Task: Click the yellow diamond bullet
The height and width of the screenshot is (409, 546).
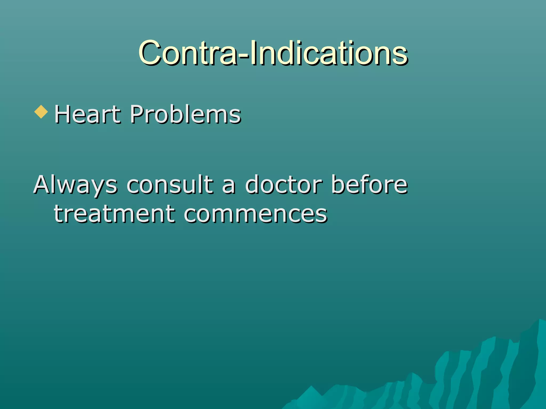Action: coord(41,112)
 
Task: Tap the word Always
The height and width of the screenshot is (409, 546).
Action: coord(75,184)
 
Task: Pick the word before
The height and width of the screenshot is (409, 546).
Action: coord(369,184)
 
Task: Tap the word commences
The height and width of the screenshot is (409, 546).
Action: coord(255,214)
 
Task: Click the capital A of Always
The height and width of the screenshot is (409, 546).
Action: coord(43,184)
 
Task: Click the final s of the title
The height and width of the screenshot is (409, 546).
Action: coord(401,55)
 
